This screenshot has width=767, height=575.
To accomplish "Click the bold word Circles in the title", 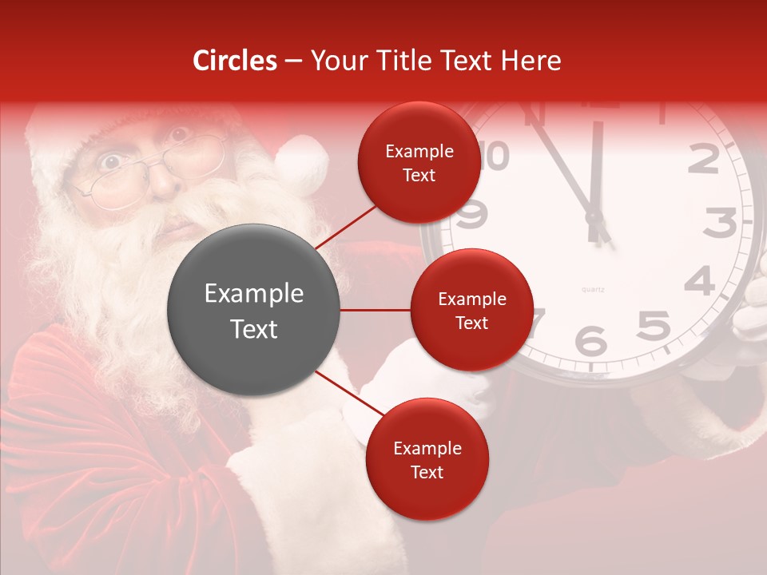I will [235, 61].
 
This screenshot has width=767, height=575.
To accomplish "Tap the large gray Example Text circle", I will [253, 310].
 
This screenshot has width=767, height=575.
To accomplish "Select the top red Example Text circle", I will [419, 162].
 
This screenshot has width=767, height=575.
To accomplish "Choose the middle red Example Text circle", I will [471, 310].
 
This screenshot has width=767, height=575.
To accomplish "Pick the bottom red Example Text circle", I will [427, 459].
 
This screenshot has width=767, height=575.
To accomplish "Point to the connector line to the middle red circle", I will [375, 310].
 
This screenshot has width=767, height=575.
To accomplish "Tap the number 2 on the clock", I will [703, 160].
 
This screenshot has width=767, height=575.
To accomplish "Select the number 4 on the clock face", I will [699, 281].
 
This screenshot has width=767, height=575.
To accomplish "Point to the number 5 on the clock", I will [653, 325].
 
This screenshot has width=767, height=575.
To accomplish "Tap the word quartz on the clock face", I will [592, 288].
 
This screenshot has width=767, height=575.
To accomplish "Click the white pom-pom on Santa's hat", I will [302, 164].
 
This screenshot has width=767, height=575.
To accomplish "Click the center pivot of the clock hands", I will [594, 216].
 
